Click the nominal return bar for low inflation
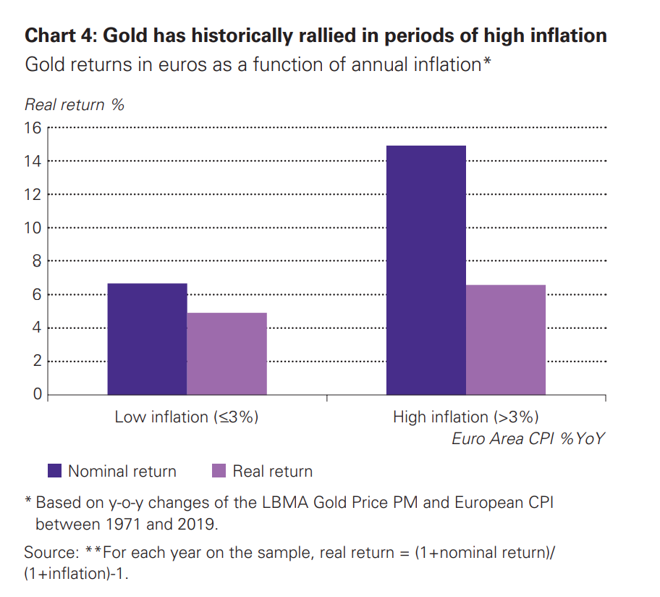(147, 339)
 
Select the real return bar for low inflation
(227, 354)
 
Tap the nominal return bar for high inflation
(426, 270)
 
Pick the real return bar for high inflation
(505, 340)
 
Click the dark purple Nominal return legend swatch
(55, 471)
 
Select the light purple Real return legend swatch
(219, 471)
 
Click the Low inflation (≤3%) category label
(187, 417)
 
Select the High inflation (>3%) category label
(465, 417)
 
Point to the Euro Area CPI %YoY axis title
(528, 438)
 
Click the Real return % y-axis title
(75, 104)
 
